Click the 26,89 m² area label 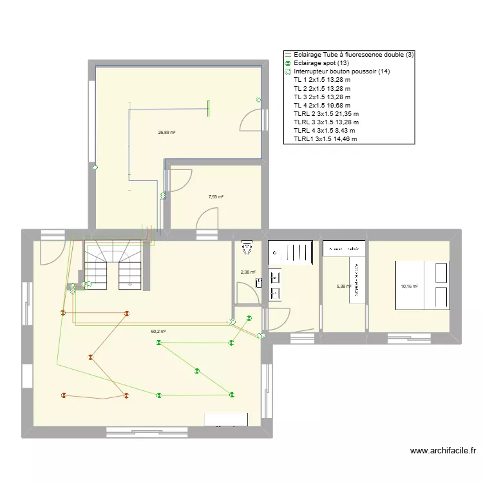[167, 133]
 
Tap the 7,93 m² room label [216, 197]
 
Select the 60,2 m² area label [158, 332]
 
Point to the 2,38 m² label [248, 272]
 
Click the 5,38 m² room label [345, 287]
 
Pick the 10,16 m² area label [410, 286]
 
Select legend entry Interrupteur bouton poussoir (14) [341, 71]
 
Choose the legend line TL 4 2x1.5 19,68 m [321, 105]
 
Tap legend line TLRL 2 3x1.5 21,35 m [326, 113]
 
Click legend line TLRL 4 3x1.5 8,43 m [324, 130]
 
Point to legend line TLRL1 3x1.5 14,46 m [325, 138]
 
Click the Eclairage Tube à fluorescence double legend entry [353, 55]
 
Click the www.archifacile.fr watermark [442, 451]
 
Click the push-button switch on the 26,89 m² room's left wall [95, 169]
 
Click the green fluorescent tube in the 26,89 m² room [207, 108]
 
